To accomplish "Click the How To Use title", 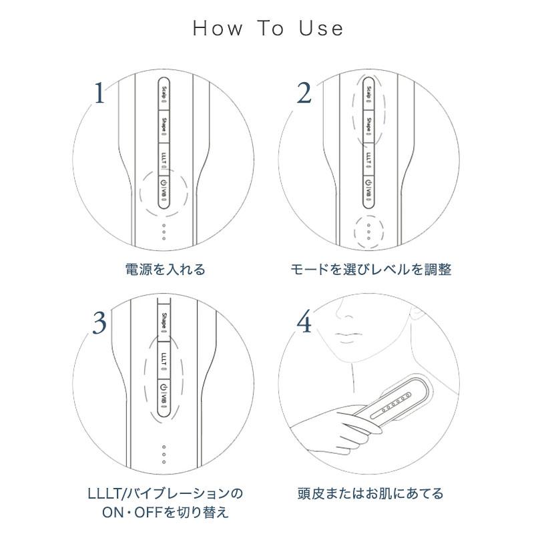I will (268, 28).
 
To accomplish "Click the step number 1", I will (99, 94).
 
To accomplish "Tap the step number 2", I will (304, 94).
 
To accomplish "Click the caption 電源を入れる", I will (165, 270).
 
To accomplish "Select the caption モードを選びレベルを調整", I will (371, 270).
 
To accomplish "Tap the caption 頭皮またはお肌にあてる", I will (370, 494).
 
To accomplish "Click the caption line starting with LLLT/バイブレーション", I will (165, 494).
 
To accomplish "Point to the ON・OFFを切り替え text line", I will (165, 513).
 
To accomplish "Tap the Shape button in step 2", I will (368, 125).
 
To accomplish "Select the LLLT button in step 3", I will (164, 360).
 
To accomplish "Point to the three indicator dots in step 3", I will (164, 453).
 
